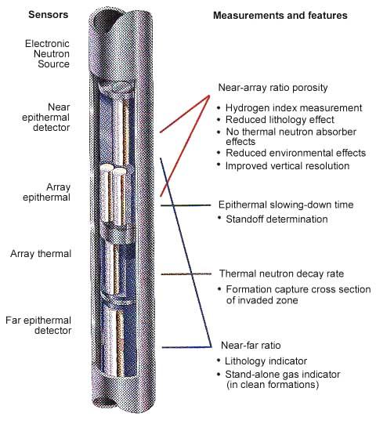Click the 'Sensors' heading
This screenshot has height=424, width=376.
48,15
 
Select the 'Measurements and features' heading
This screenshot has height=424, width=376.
280,16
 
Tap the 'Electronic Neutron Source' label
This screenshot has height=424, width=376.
47,54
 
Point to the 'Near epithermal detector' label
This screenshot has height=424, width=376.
45,117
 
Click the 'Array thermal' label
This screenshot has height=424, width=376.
41,254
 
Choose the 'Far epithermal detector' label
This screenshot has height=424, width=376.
38,325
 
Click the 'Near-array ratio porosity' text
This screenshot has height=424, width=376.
273,88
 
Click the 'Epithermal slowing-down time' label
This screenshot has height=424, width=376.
286,205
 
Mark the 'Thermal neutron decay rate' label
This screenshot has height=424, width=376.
281,274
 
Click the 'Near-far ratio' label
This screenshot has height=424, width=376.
251,346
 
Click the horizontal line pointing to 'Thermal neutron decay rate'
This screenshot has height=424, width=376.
186,274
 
